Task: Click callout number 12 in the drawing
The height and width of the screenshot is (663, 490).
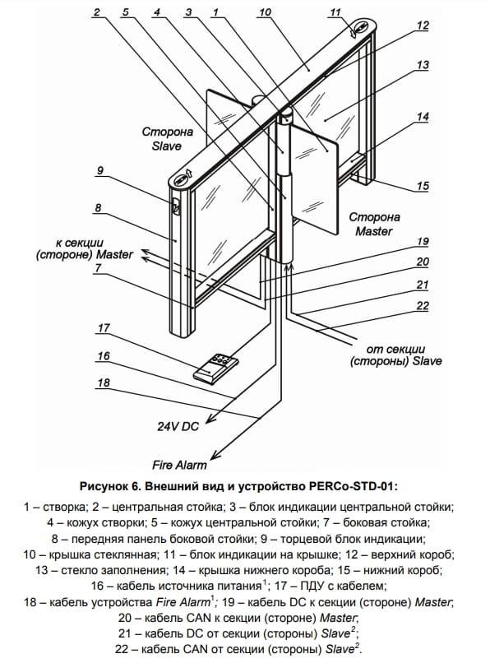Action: click(423, 25)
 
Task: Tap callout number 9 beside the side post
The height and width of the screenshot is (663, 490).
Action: click(99, 170)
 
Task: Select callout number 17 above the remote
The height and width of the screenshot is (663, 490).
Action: click(104, 328)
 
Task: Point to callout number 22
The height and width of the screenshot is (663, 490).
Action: click(423, 306)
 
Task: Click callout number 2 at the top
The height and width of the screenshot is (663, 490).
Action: click(97, 12)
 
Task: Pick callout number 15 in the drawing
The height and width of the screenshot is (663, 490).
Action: click(423, 186)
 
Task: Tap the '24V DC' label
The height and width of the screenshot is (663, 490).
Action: click(178, 426)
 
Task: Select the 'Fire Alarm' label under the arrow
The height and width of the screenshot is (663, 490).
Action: click(180, 465)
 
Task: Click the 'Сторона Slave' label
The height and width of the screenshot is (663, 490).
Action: click(168, 139)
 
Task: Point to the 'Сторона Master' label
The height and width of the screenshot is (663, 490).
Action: click(374, 224)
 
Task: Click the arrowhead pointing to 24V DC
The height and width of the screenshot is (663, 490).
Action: click(211, 418)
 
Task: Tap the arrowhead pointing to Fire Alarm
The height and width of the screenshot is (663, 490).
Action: click(216, 454)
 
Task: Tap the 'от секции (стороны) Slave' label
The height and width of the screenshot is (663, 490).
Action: click(396, 355)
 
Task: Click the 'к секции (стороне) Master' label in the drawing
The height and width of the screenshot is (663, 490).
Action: click(85, 248)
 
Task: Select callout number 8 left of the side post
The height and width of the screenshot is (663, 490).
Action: click(98, 207)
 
